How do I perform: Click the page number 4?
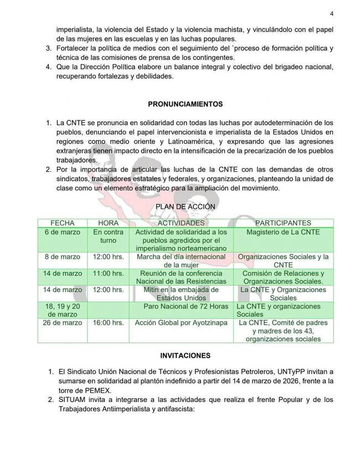(331, 14)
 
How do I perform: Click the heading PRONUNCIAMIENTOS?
(185, 104)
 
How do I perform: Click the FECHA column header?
(63, 222)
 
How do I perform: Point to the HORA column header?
(108, 222)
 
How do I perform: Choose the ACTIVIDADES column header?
(181, 222)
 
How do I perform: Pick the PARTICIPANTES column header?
(283, 222)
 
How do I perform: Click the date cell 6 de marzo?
(63, 231)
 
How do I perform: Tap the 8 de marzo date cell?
(63, 257)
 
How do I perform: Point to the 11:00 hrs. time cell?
(108, 274)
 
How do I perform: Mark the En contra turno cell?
(108, 235)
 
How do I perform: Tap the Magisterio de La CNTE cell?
(283, 231)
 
